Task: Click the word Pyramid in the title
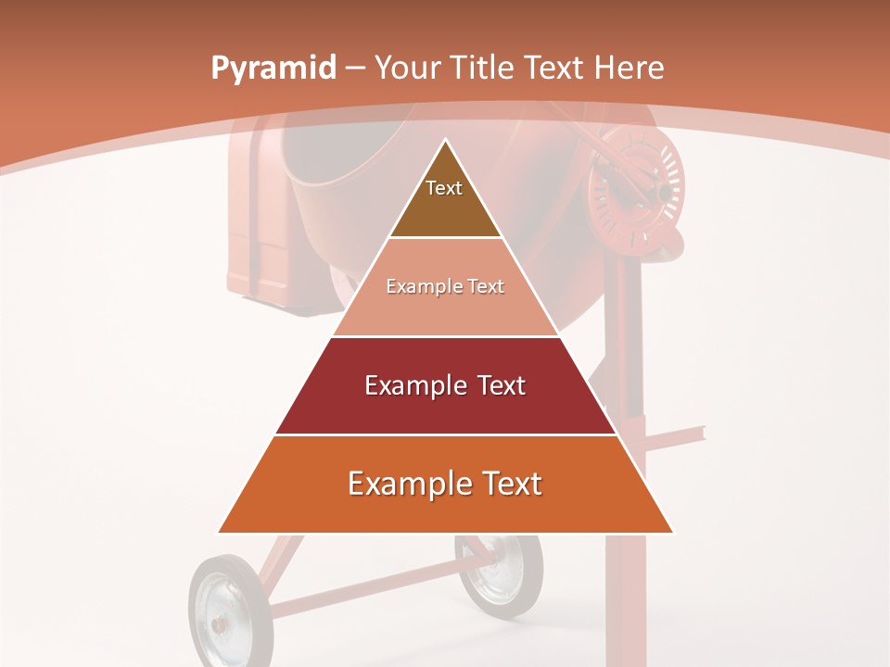tap(273, 69)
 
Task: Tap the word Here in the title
tap(629, 68)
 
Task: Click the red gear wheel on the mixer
tap(635, 190)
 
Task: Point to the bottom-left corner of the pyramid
tap(219, 533)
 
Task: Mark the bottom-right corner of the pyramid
tap(672, 533)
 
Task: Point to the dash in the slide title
tap(355, 69)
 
